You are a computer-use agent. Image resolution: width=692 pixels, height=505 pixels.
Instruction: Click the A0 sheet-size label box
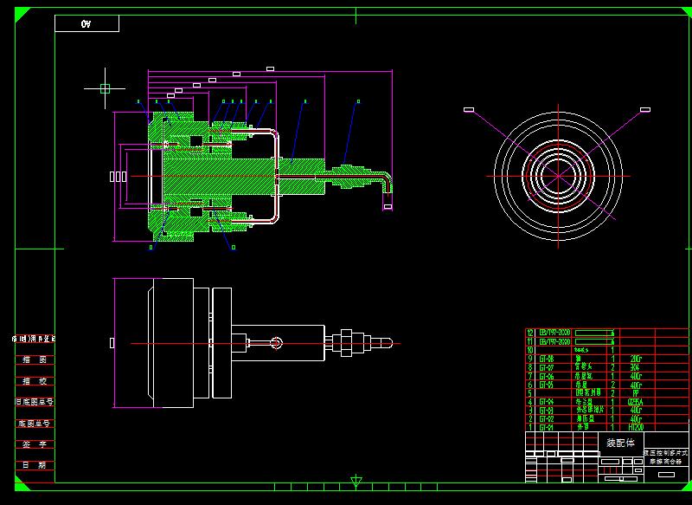click(x=86, y=23)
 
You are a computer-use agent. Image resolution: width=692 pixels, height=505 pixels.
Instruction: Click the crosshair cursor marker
click(x=105, y=88)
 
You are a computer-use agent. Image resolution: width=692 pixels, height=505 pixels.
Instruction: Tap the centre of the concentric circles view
click(x=558, y=176)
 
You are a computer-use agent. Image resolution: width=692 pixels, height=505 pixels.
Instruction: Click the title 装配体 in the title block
click(x=618, y=442)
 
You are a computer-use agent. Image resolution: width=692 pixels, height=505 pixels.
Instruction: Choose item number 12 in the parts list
click(x=531, y=332)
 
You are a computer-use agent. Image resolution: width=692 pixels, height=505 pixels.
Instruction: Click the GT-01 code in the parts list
click(x=547, y=427)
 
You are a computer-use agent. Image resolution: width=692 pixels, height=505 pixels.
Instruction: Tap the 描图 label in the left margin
click(x=35, y=359)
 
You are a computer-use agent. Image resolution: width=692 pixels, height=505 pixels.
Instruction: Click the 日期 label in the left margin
click(x=35, y=465)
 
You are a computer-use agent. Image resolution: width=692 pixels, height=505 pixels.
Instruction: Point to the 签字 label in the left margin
click(x=35, y=443)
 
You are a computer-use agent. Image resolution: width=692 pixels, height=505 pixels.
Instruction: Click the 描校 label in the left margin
click(x=35, y=380)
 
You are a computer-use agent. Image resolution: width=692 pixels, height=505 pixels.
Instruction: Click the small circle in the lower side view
click(x=276, y=342)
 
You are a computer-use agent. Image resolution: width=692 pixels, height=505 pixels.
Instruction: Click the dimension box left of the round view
click(x=469, y=109)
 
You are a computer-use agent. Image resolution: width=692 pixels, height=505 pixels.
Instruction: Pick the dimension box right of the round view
click(x=644, y=109)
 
